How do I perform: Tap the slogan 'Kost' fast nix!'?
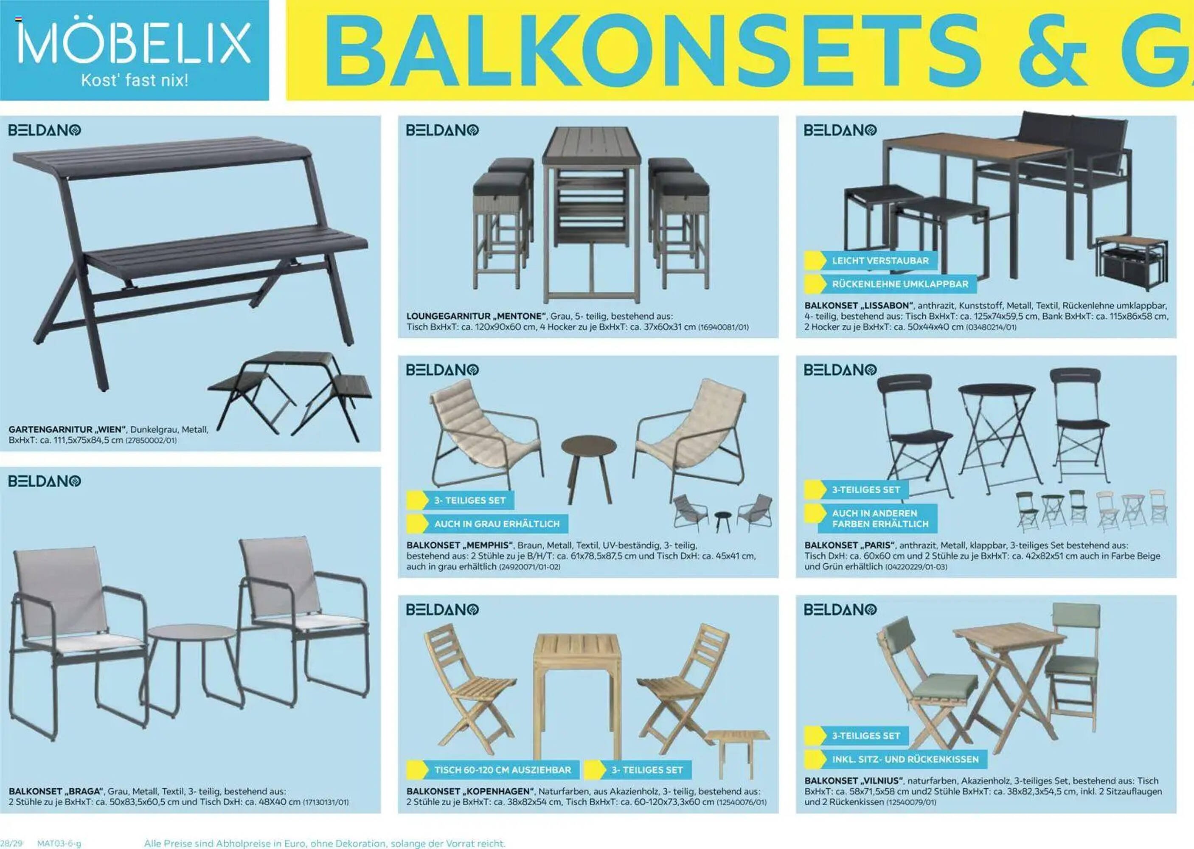pos(134,81)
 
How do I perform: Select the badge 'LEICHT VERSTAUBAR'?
pos(880,260)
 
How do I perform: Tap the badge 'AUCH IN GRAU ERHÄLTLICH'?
pos(496,524)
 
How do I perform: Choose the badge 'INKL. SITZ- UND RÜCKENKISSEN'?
pos(905,759)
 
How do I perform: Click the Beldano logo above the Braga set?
pos(45,481)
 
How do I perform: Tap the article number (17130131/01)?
pos(325,802)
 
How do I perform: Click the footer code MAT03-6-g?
pos(59,843)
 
